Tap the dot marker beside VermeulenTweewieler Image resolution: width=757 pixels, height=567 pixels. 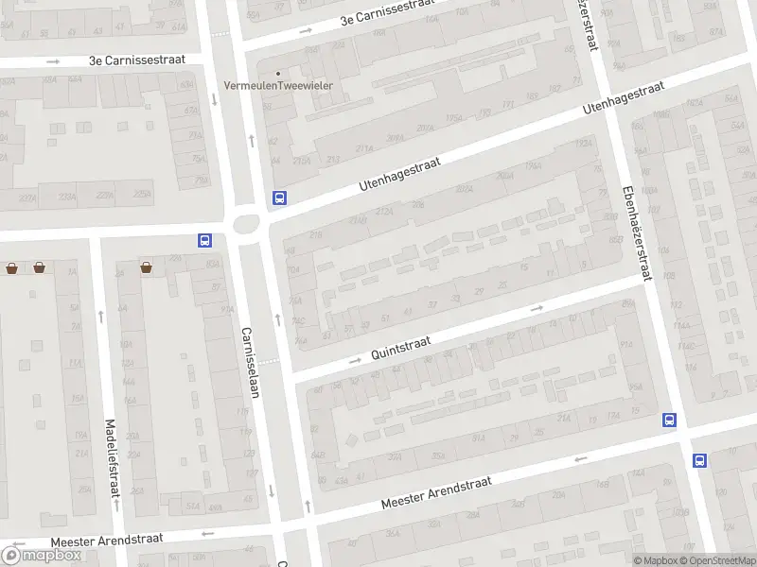(278, 73)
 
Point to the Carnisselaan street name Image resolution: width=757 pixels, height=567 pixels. (250, 362)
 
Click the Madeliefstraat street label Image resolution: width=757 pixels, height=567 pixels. (111, 458)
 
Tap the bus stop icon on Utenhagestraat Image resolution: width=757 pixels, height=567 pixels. (279, 198)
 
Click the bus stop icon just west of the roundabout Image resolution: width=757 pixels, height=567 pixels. (204, 241)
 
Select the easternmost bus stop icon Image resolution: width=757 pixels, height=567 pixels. (699, 460)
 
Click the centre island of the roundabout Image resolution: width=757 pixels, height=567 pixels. (247, 224)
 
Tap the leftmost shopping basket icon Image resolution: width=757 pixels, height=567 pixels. (11, 267)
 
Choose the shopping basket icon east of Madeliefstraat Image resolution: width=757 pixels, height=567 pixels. (147, 267)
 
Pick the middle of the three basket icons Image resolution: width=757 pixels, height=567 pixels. (39, 267)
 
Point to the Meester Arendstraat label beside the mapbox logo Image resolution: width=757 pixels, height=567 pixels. (106, 539)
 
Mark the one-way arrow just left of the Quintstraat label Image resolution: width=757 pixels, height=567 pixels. (356, 360)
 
